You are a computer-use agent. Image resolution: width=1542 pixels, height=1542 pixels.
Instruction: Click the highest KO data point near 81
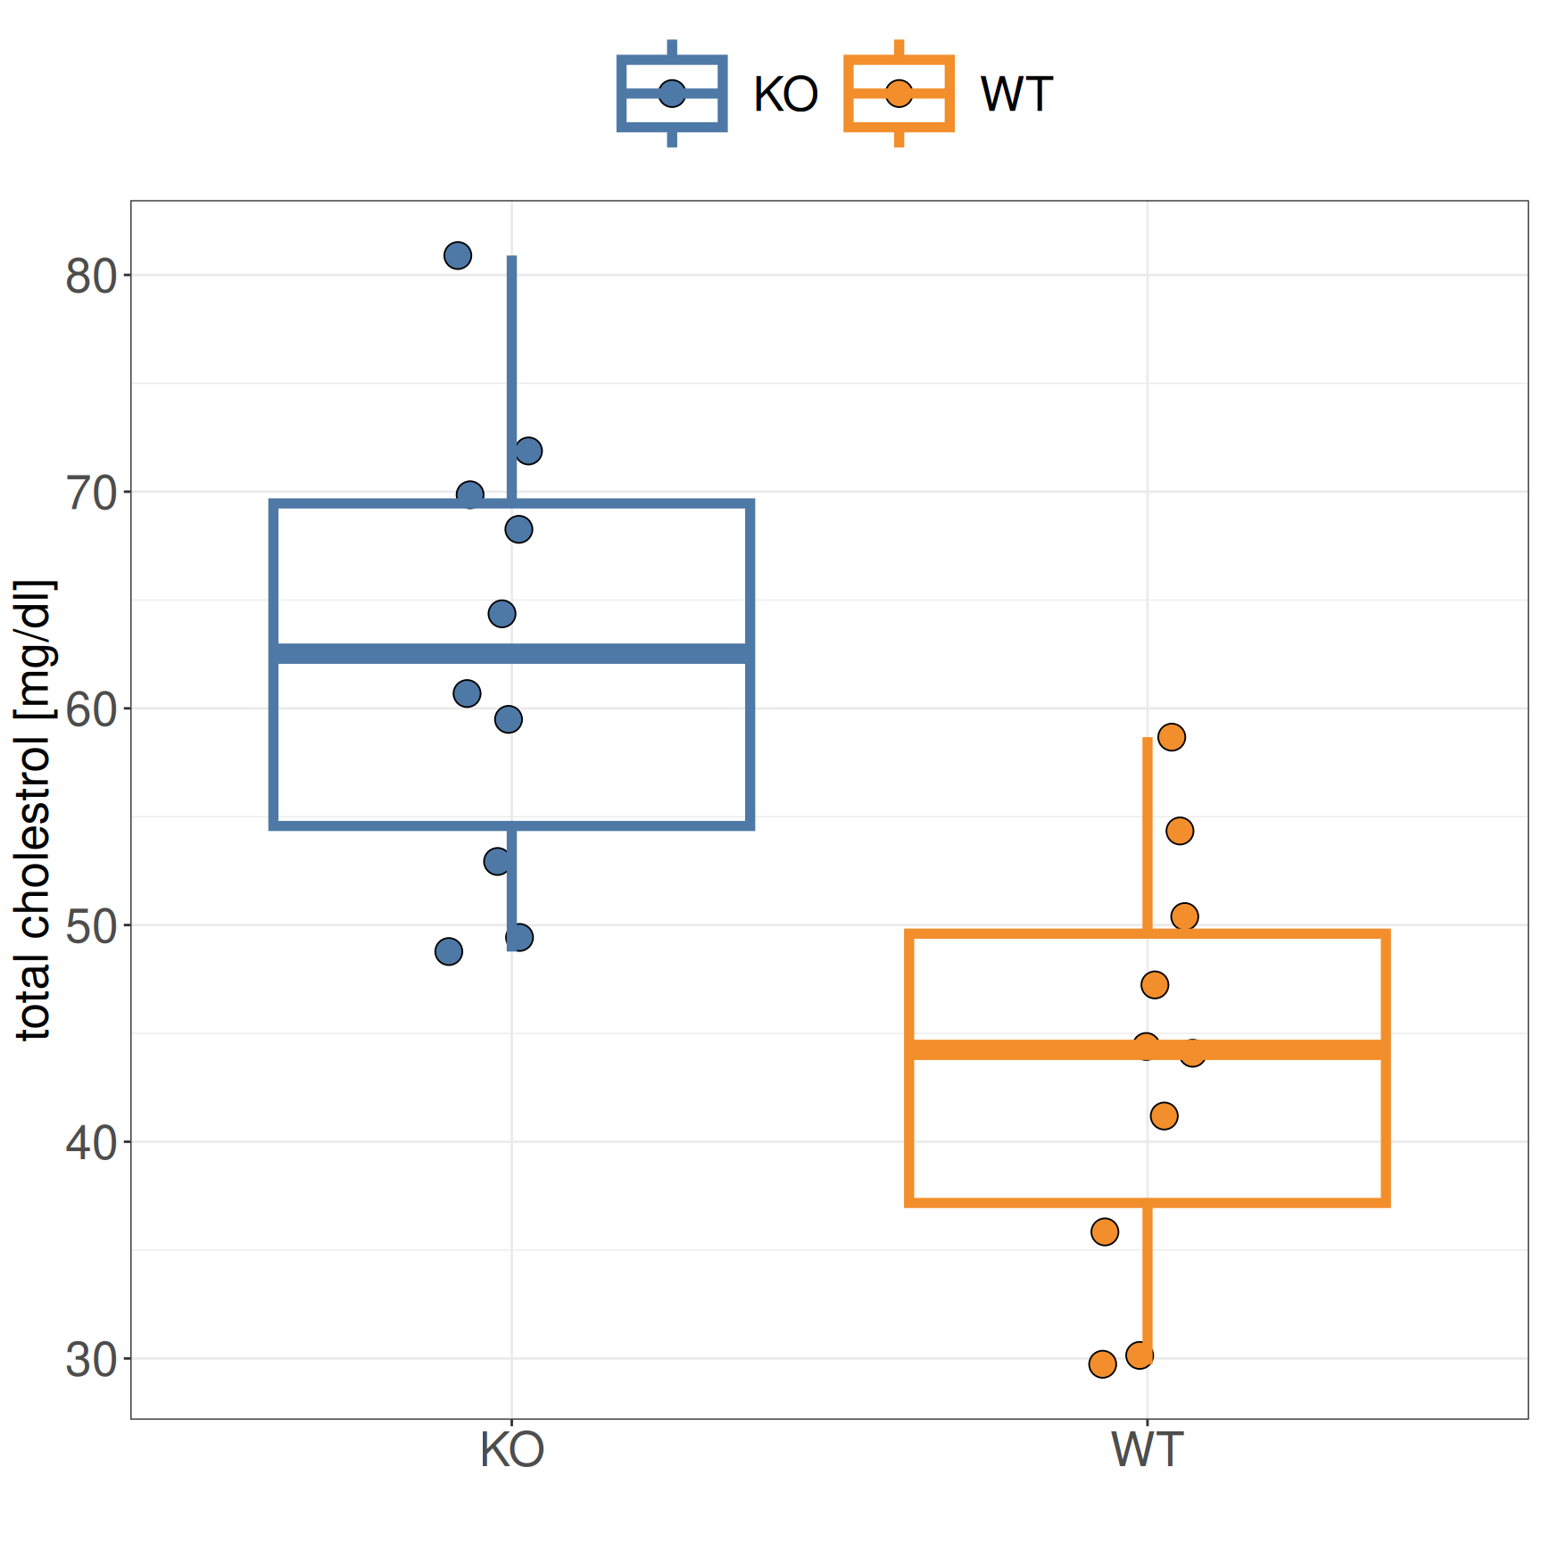click(458, 256)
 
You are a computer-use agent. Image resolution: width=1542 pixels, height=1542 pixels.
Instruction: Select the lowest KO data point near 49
click(449, 952)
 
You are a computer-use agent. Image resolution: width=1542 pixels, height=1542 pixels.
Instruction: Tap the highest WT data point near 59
click(1171, 737)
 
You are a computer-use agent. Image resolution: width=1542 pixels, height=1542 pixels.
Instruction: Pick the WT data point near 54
click(1180, 831)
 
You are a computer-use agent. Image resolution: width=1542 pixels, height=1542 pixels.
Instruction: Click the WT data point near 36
click(1105, 1232)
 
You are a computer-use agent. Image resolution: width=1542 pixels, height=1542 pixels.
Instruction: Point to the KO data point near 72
click(528, 451)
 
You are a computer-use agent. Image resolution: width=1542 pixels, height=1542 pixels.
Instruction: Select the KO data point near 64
click(502, 614)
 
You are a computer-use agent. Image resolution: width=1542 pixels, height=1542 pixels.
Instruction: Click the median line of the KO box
click(625, 654)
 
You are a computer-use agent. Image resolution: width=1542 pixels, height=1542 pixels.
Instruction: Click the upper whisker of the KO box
click(511, 357)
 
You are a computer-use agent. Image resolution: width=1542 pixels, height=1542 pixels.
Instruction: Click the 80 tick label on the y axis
click(91, 277)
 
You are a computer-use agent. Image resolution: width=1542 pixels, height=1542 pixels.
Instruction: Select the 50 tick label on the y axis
click(91, 927)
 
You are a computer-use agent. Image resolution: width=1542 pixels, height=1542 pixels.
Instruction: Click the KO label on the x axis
click(511, 1450)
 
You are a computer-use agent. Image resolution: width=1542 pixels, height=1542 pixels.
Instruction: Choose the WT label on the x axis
click(1148, 1450)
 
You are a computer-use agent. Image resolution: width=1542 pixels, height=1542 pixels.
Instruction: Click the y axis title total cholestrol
click(34, 810)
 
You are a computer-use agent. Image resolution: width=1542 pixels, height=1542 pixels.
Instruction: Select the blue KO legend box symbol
click(672, 94)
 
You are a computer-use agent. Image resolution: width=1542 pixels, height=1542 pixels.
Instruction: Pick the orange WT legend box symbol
click(899, 94)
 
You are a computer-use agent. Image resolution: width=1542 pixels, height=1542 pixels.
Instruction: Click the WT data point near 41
click(1164, 1116)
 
